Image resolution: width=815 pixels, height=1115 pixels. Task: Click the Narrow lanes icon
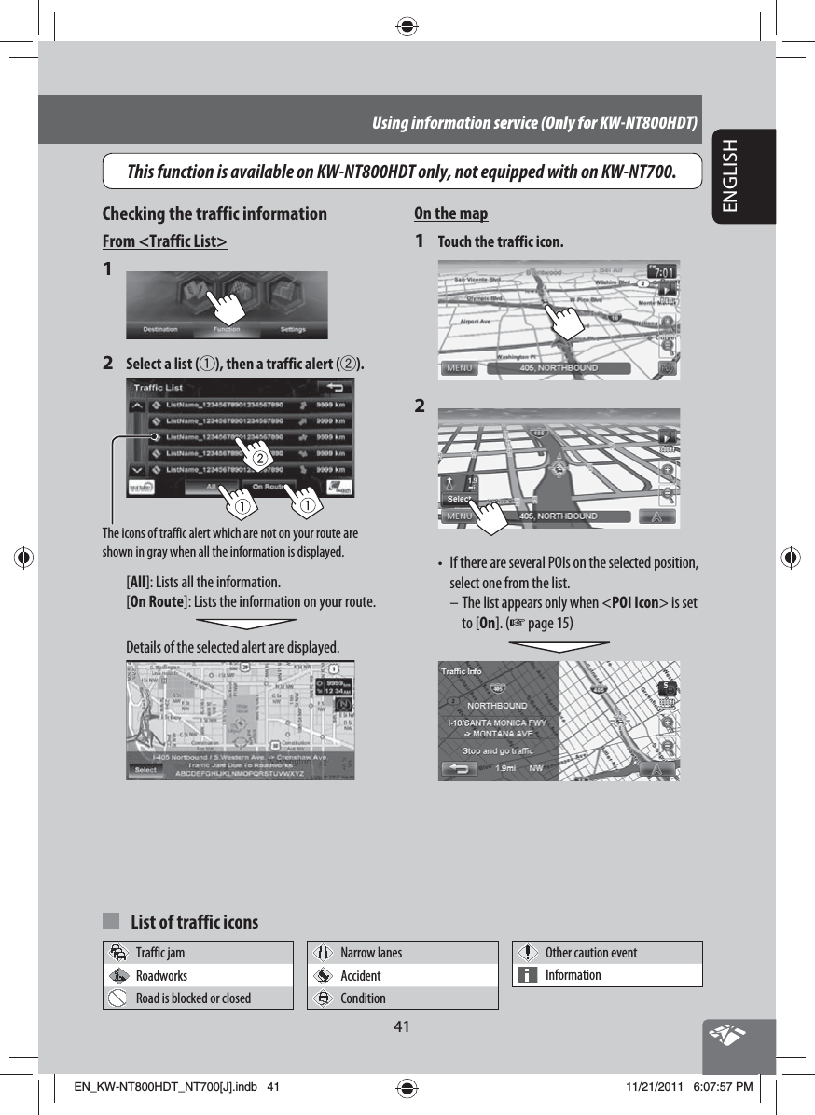tap(323, 953)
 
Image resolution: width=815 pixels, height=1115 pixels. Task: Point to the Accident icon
tap(323, 975)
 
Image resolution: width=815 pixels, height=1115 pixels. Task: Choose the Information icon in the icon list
tap(528, 975)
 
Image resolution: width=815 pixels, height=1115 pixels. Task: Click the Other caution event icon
tap(528, 953)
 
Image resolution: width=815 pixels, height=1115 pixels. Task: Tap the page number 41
tap(402, 1026)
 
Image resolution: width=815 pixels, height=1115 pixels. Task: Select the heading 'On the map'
tap(450, 213)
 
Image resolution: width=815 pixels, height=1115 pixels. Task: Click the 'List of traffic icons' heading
tap(195, 922)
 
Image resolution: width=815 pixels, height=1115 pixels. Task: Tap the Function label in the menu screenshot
tap(226, 329)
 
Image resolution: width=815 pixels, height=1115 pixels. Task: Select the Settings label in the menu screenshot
tap(294, 329)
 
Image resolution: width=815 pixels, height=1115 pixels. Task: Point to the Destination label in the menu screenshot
tap(161, 329)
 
